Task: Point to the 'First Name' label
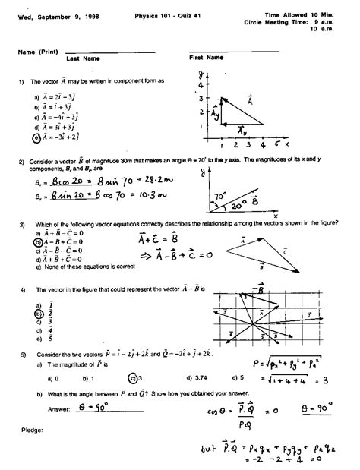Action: [x=206, y=57]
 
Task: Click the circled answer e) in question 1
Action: [x=36, y=138]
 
